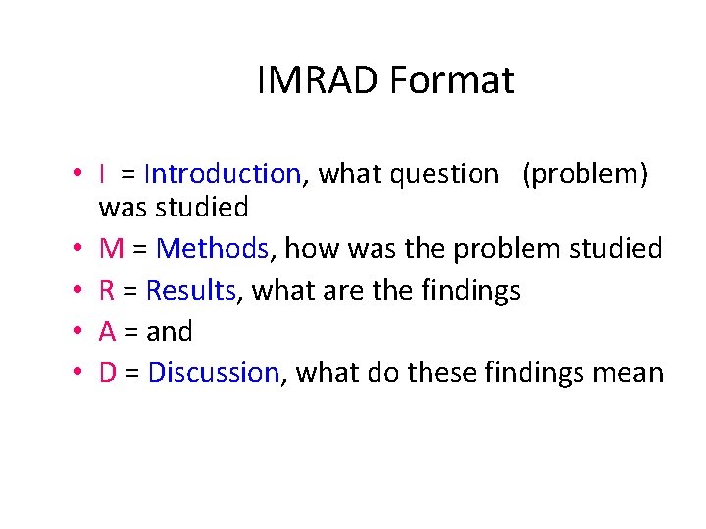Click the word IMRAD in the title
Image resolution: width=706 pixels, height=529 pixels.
(x=319, y=80)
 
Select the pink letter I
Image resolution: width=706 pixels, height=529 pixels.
(x=103, y=174)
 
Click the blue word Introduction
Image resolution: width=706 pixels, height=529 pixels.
(x=222, y=174)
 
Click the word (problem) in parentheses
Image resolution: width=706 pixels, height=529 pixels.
(x=584, y=175)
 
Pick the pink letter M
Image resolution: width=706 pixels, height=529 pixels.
(x=112, y=249)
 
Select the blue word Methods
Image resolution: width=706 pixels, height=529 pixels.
(x=213, y=249)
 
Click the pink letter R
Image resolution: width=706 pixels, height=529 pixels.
(x=107, y=291)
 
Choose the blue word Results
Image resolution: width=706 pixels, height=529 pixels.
(x=191, y=291)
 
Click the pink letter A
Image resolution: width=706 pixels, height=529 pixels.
(x=108, y=332)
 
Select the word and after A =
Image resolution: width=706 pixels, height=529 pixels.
(x=169, y=332)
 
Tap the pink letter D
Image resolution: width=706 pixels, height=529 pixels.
(x=109, y=373)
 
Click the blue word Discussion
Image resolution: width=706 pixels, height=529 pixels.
(x=214, y=373)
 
